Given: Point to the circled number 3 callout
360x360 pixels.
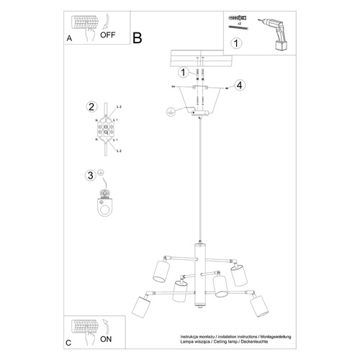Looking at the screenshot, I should [90, 175].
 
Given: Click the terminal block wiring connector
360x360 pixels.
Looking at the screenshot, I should [106, 131].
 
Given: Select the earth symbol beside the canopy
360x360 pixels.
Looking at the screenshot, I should [170, 112].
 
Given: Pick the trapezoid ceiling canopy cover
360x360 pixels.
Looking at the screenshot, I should [197, 98].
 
